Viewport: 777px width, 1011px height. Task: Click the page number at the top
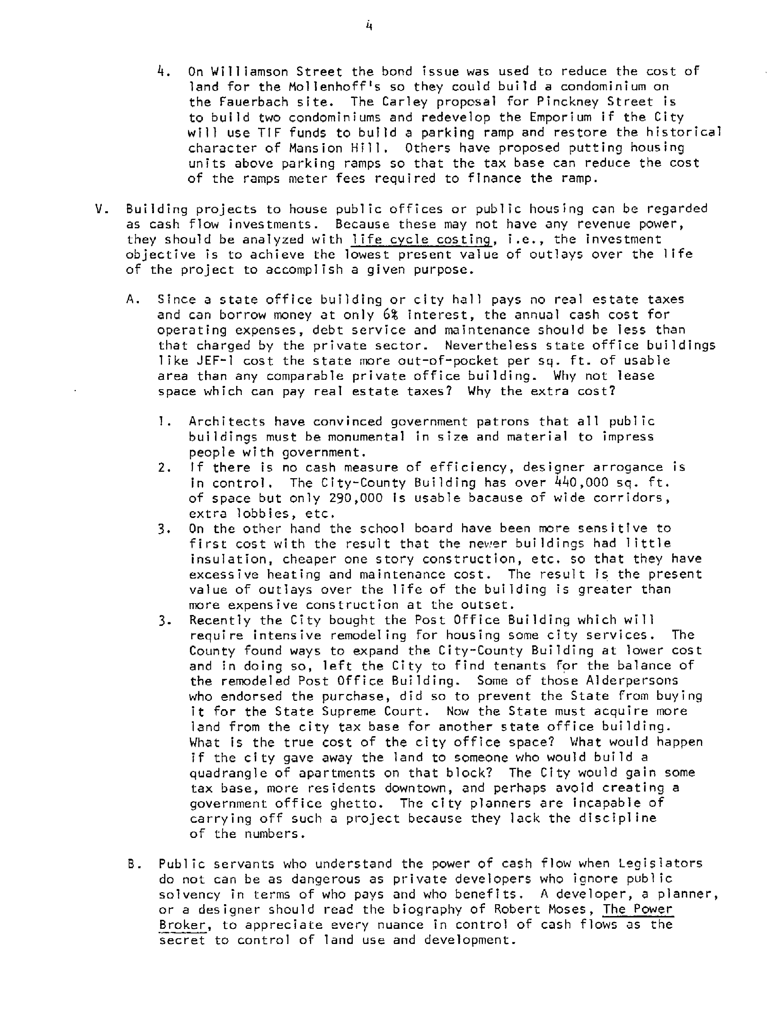[369, 26]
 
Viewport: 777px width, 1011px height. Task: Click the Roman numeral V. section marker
[101, 209]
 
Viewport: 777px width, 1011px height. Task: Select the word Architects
[227, 422]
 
